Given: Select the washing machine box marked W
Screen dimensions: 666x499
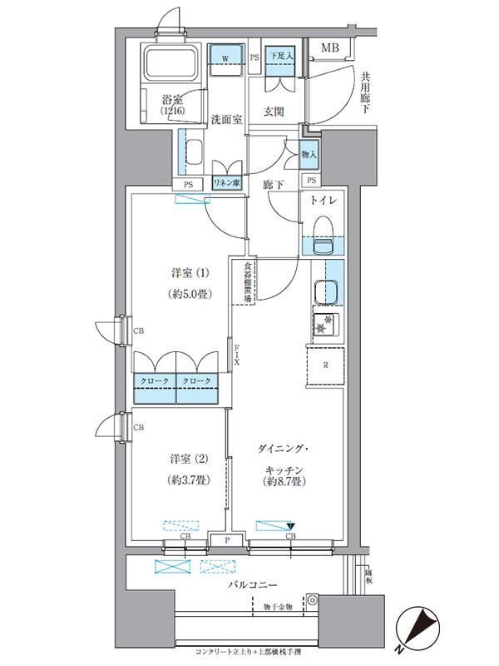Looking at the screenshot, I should [x=225, y=58].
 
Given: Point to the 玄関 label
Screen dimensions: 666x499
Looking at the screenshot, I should [x=275, y=112].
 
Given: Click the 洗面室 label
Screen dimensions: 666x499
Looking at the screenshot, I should [x=225, y=119].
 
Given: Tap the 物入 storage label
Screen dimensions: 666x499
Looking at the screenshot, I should [x=309, y=154].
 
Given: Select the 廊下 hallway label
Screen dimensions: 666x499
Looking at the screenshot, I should [x=272, y=185].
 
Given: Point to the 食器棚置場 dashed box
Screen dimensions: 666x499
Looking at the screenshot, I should [x=249, y=283].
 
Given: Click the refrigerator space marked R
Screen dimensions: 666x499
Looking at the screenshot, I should [x=325, y=365].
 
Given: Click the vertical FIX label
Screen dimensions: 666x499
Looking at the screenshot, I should [x=237, y=356].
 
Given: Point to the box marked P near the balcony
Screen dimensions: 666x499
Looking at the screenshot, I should [x=226, y=540].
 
